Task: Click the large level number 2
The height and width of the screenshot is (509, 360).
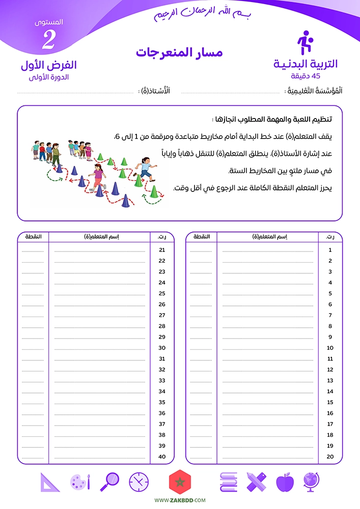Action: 48,41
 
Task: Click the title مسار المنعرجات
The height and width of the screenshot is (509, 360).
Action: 179,52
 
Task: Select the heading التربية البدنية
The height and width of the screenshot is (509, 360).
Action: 306,64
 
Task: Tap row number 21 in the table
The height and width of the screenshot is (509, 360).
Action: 162,250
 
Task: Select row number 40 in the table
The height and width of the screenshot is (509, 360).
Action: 162,457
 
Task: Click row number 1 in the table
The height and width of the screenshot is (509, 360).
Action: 330,250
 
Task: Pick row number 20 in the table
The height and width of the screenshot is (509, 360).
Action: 330,457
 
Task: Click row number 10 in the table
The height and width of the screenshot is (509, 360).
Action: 330,348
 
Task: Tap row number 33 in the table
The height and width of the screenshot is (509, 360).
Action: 162,380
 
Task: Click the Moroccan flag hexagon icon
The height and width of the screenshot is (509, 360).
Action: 179,482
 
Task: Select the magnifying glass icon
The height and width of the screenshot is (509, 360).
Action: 110,482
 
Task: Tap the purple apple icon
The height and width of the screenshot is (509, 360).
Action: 284,482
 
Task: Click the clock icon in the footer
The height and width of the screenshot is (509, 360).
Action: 139,482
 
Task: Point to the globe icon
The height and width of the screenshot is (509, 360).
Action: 311,482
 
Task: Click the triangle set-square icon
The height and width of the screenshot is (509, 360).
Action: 49,482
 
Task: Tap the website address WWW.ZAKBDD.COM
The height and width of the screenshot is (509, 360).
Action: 180,501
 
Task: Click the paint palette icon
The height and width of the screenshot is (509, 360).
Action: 80,482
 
